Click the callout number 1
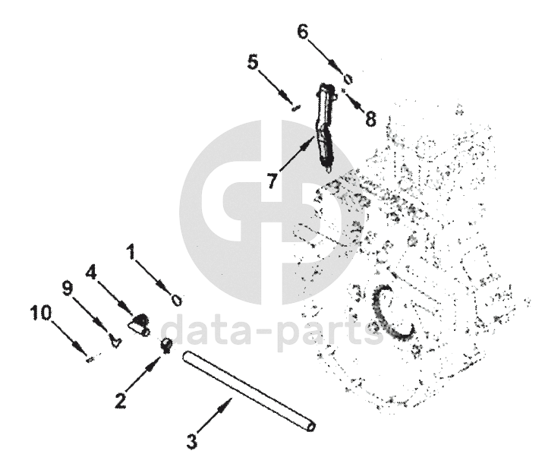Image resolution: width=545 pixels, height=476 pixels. (x=132, y=252)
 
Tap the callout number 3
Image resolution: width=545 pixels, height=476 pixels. (x=192, y=440)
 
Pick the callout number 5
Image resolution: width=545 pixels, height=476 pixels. (x=253, y=62)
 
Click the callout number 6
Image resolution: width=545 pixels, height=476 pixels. (x=303, y=32)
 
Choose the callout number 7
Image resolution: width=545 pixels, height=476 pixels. (x=271, y=181)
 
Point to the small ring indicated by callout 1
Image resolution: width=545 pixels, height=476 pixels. (x=176, y=299)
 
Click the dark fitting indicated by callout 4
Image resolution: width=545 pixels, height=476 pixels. (x=138, y=326)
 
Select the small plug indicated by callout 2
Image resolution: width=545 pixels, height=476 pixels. (x=165, y=346)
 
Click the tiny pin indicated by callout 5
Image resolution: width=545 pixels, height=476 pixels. (x=295, y=107)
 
